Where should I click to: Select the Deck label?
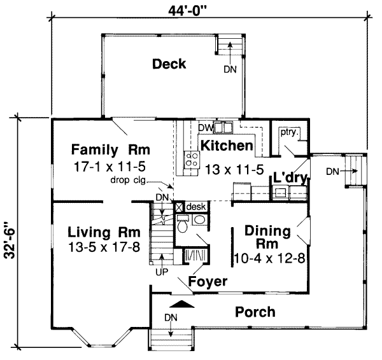point(169,64)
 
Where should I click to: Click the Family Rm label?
point(110,151)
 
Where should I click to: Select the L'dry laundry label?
point(290,177)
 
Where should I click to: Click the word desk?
point(197,207)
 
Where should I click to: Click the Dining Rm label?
point(268,237)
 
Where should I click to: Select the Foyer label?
point(209,281)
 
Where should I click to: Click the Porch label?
point(255,312)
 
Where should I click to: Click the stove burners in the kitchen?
point(190,160)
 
